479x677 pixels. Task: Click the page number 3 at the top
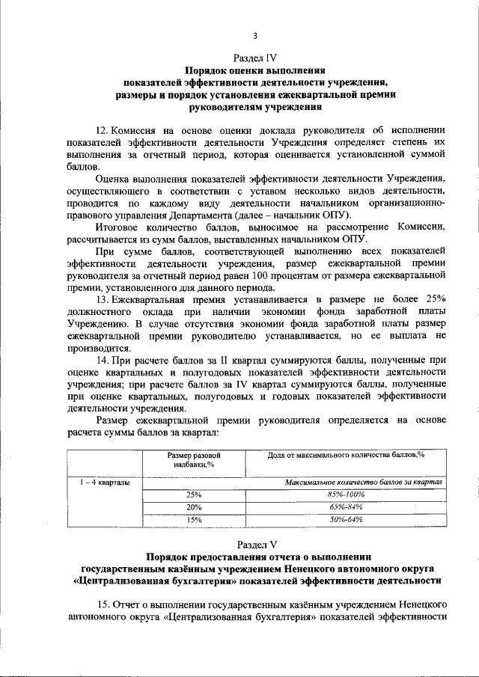255,36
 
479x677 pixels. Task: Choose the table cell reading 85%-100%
347,494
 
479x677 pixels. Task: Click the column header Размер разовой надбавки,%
193,459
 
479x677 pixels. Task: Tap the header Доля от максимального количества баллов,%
347,455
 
